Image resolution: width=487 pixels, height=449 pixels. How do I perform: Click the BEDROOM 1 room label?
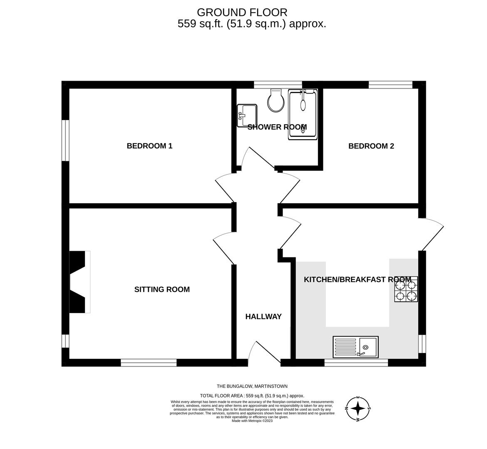tap(149, 146)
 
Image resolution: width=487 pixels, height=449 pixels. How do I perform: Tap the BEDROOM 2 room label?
tap(371, 146)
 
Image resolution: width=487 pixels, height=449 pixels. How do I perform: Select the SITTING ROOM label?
tap(162, 289)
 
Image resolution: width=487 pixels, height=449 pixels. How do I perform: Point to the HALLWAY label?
tap(263, 317)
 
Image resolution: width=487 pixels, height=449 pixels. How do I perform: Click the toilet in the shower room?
tap(276, 101)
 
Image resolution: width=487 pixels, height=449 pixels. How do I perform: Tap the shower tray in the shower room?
tap(303, 114)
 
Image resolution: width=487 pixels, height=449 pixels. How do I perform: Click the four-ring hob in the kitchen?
tap(406, 289)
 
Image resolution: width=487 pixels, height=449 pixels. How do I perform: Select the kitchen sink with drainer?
tap(355, 347)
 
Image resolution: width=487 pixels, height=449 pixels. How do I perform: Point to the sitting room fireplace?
tap(79, 282)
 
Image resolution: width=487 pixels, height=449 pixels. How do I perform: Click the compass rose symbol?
tap(358, 408)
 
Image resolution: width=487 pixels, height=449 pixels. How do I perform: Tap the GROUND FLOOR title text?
tap(242, 12)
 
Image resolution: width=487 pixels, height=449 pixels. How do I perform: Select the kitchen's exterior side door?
tap(432, 235)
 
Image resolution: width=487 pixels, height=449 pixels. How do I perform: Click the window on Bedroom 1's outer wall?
tap(65, 140)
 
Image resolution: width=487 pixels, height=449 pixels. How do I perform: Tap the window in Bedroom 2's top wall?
tap(390, 85)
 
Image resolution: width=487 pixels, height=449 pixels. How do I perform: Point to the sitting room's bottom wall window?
tap(149, 363)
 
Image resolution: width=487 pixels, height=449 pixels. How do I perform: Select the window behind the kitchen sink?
tap(356, 363)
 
